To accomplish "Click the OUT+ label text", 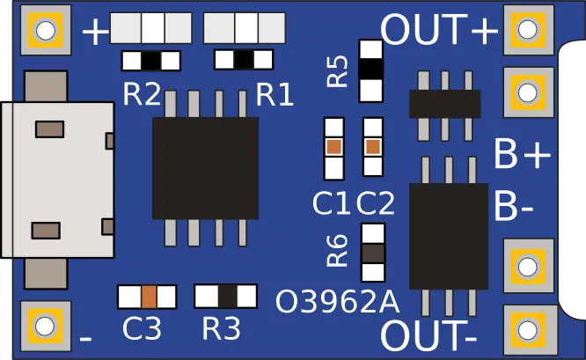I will click(439, 31).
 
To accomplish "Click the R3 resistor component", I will click(225, 296).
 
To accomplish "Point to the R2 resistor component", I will click(151, 61).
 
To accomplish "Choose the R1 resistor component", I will click(245, 60).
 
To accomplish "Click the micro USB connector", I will click(57, 180).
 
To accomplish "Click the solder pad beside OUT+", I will click(527, 29).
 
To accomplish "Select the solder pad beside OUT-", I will click(527, 330).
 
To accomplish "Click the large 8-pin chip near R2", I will click(206, 168).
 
